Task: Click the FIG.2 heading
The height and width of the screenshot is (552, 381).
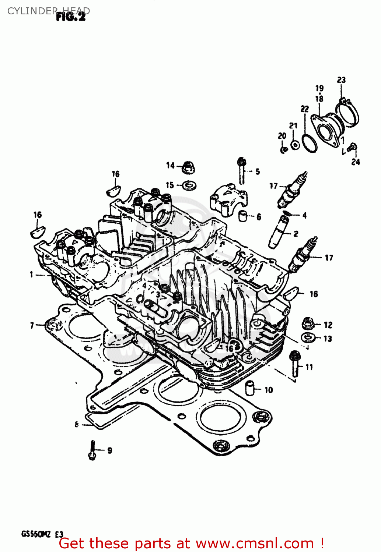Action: (x=71, y=17)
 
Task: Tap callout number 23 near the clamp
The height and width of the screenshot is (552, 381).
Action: (x=342, y=80)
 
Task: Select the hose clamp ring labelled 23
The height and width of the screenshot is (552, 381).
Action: (x=348, y=113)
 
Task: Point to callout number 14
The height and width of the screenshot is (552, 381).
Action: (x=170, y=165)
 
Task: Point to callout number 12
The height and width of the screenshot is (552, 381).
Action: (x=328, y=325)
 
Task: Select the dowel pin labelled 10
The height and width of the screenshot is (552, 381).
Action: (x=251, y=388)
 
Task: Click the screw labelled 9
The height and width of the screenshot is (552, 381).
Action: (x=92, y=450)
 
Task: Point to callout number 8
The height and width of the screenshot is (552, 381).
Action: (x=77, y=424)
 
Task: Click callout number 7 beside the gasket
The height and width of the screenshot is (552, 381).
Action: (x=32, y=325)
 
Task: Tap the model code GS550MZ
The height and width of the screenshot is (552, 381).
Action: (x=36, y=534)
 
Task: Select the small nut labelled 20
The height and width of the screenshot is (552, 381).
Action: (x=283, y=149)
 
